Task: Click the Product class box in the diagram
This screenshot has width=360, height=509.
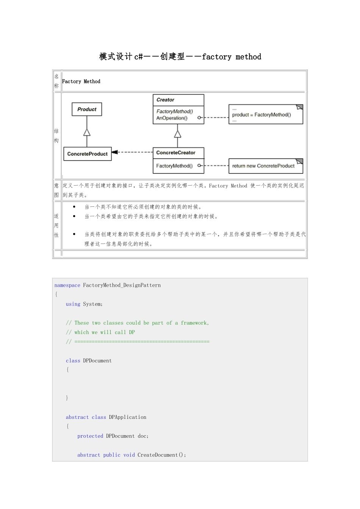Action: click(x=87, y=109)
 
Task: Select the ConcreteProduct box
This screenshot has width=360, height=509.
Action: click(x=88, y=154)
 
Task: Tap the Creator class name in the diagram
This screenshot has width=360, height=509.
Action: click(x=165, y=100)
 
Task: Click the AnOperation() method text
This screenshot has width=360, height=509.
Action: click(x=172, y=118)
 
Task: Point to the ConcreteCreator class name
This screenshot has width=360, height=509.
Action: click(x=176, y=153)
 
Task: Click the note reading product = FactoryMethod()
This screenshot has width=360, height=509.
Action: click(x=266, y=114)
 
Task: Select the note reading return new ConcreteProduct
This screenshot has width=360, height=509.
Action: click(x=266, y=166)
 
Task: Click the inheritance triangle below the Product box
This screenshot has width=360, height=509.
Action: click(x=87, y=132)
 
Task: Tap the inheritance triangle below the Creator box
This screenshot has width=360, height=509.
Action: click(x=178, y=134)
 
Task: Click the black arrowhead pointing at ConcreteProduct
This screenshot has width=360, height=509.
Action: click(x=115, y=152)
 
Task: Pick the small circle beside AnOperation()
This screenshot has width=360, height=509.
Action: click(x=199, y=117)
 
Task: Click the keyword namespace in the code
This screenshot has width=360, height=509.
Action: click(x=67, y=286)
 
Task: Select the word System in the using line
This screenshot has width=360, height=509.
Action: click(x=92, y=304)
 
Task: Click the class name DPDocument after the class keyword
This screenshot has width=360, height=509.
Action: click(x=97, y=361)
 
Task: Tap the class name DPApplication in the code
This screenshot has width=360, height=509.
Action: click(x=128, y=417)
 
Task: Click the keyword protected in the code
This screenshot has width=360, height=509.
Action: click(x=90, y=436)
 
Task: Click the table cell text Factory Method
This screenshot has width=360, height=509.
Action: click(x=81, y=81)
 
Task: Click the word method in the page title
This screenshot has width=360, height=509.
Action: click(x=248, y=56)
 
